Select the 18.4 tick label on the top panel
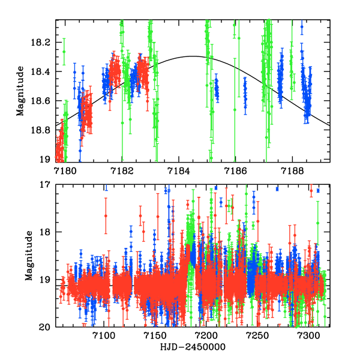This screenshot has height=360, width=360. tap(40, 72)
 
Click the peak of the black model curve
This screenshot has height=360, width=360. tap(192, 56)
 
